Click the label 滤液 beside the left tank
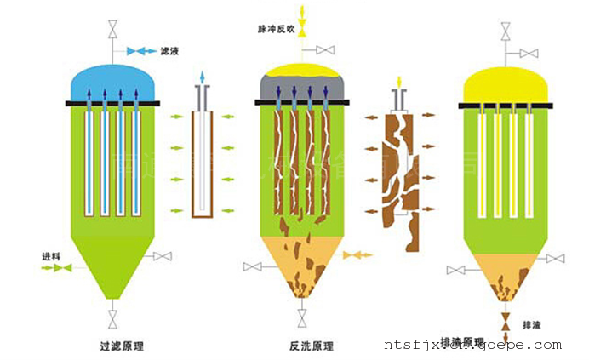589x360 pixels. [169, 52]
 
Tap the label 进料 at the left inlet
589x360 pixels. [51, 256]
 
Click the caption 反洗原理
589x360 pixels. [312, 346]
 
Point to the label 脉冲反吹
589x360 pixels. [276, 29]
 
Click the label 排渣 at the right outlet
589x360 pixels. [533, 324]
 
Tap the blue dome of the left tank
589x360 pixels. [112, 83]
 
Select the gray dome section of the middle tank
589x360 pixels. [302, 89]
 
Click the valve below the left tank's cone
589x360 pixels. [112, 319]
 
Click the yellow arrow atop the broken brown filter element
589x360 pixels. [397, 83]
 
